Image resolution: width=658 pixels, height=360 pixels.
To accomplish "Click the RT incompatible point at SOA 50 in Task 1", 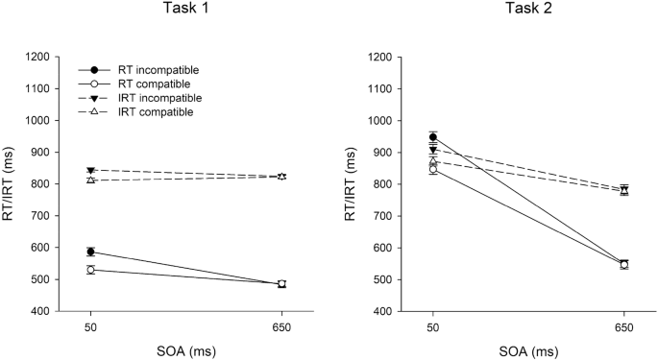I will pyautogui.click(x=90, y=252).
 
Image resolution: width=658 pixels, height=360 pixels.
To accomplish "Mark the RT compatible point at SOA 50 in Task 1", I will pyautogui.click(x=90, y=270).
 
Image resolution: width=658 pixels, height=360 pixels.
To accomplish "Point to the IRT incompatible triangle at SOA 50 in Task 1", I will pyautogui.click(x=90, y=171).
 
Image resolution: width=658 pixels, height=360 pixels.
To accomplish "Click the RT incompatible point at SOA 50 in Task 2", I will pyautogui.click(x=433, y=137).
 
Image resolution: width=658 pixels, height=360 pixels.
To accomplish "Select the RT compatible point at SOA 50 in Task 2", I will pyautogui.click(x=433, y=169).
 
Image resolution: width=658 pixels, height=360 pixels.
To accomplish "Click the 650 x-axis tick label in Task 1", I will pyautogui.click(x=281, y=327).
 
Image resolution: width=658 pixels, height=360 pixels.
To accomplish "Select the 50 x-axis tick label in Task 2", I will pyautogui.click(x=433, y=327).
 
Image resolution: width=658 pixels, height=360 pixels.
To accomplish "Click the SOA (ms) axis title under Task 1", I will pyautogui.click(x=185, y=349).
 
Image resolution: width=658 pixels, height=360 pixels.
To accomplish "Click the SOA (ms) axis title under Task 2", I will pyautogui.click(x=528, y=349).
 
